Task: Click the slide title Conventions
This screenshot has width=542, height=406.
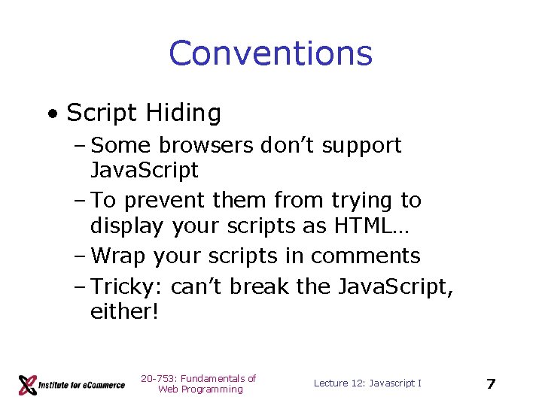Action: [x=270, y=53]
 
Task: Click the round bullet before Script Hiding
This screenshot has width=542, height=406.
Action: [x=52, y=114]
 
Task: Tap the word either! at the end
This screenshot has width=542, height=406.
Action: [x=124, y=311]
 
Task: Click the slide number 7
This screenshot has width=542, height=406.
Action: [x=491, y=384]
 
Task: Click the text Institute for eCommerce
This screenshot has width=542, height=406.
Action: [x=83, y=385]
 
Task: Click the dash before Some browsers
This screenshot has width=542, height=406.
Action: [x=81, y=146]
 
